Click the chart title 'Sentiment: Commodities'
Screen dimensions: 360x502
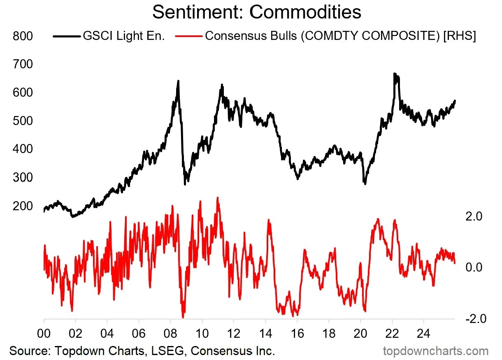tap(257, 12)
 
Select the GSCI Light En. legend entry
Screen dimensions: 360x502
tap(109, 36)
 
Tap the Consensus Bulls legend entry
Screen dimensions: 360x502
tap(325, 36)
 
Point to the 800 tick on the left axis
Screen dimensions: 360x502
tap(23, 36)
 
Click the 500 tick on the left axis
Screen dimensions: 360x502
tap(23, 121)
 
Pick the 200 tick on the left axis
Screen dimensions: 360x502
tap(23, 206)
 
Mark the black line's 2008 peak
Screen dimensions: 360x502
tap(178, 81)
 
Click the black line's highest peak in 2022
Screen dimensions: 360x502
tap(394, 74)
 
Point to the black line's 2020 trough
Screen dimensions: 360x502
tap(365, 183)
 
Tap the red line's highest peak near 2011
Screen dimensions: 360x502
tap(217, 198)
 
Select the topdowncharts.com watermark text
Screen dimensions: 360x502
tap(436, 351)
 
